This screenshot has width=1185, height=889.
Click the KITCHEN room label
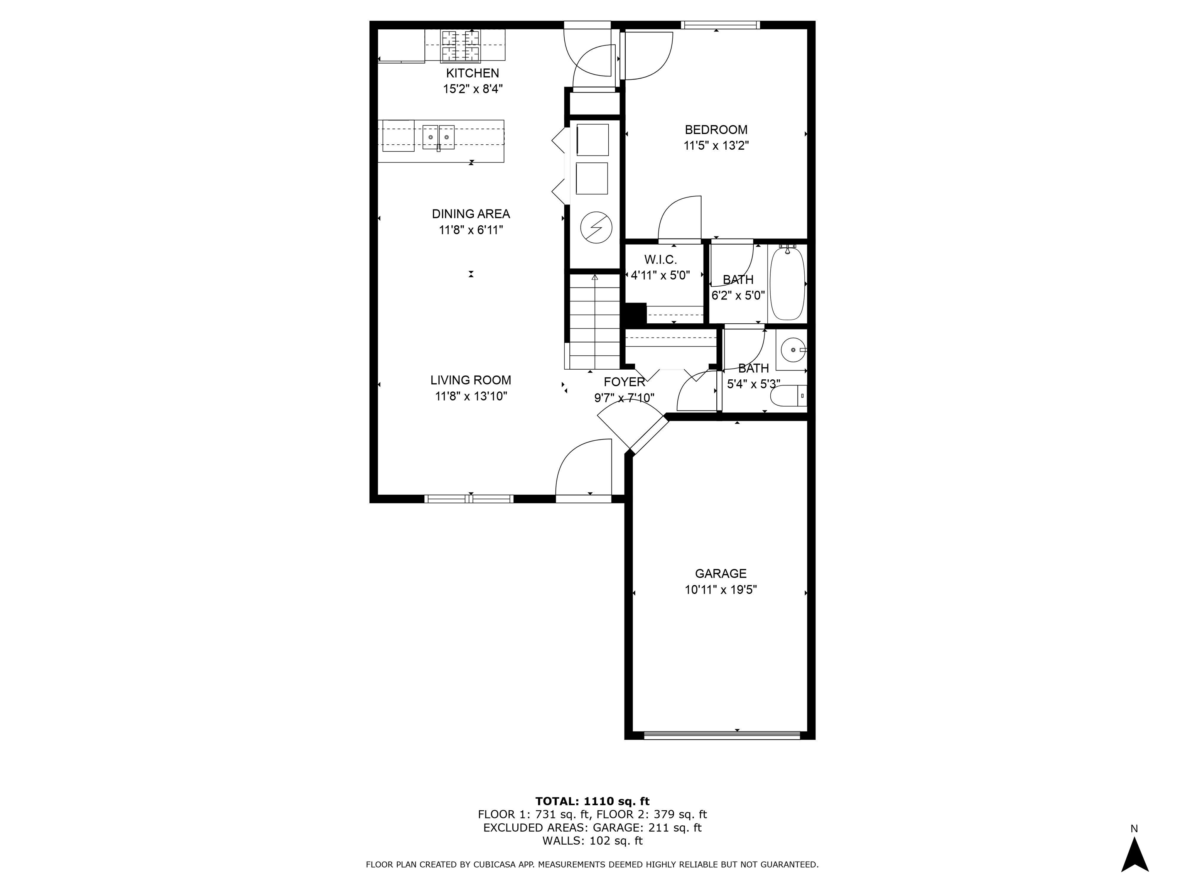(472, 73)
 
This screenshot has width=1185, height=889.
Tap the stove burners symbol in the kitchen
(460, 45)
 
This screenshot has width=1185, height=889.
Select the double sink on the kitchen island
(438, 137)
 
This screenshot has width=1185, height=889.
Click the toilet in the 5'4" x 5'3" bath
(788, 397)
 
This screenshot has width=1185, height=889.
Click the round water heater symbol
(596, 229)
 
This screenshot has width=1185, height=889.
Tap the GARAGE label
(721, 573)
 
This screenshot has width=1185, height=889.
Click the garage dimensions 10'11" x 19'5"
(721, 590)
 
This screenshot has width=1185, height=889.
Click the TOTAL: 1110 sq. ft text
(592, 801)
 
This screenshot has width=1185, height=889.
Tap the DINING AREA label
(471, 214)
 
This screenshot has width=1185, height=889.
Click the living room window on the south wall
(469, 499)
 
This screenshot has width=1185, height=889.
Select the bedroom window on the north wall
(720, 25)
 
